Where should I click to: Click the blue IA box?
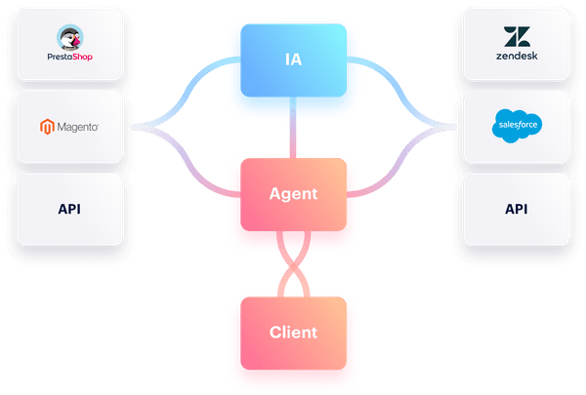pos(293,61)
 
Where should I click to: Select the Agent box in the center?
pos(293,193)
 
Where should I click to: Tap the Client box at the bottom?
pos(293,332)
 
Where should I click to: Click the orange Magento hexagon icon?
pos(44,127)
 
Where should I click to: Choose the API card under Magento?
pos(69,209)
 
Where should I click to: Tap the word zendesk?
pos(515,58)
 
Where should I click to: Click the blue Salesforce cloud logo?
pos(516,127)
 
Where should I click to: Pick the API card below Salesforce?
pos(516,209)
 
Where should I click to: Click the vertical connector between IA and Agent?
pos(293,132)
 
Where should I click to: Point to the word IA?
pos(293,61)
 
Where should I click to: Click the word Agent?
pos(293,193)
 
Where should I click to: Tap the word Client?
pos(293,332)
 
